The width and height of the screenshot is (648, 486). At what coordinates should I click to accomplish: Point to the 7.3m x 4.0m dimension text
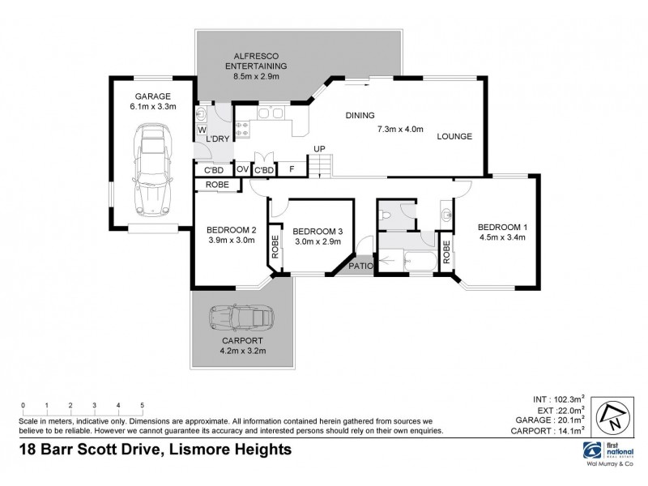point(400,130)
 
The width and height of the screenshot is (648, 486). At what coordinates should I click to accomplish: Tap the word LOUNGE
point(454,136)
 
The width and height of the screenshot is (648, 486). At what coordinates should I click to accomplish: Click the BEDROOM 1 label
point(502,226)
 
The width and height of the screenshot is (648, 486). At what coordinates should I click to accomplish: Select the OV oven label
point(242,170)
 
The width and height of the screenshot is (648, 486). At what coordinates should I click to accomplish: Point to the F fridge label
point(292,170)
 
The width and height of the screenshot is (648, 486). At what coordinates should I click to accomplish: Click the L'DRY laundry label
point(219,139)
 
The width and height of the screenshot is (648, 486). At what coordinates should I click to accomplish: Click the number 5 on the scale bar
point(142,405)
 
